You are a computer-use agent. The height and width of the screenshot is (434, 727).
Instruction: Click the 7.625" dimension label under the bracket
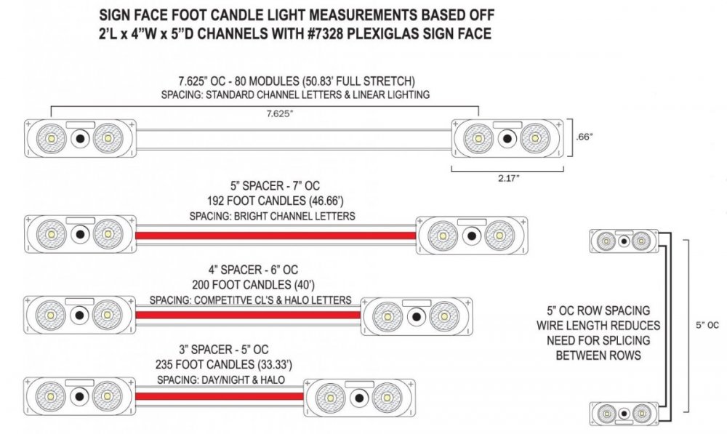click(280, 113)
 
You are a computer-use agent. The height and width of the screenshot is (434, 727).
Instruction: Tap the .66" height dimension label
click(585, 137)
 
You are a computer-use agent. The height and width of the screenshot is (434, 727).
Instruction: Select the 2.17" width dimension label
click(509, 178)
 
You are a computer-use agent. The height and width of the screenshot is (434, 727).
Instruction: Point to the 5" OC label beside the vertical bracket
click(707, 325)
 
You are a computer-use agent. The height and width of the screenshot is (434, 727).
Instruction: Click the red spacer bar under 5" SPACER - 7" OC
click(276, 235)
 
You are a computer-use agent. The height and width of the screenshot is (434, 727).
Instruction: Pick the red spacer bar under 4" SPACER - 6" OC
click(248, 316)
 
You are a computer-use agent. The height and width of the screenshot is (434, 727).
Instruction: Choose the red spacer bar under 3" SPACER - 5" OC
click(220, 396)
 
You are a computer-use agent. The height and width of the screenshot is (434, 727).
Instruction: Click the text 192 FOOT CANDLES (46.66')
click(276, 201)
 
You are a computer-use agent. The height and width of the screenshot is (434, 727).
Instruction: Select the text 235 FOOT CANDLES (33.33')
click(224, 364)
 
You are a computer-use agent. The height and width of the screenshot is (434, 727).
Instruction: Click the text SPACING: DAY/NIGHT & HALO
click(221, 379)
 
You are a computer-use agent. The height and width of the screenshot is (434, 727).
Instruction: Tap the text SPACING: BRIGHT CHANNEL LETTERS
click(272, 216)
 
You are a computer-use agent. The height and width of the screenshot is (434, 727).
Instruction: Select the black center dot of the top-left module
click(80, 138)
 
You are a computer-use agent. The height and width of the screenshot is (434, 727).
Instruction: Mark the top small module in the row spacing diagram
click(624, 241)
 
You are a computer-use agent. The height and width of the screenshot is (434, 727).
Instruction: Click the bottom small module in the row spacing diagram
click(624, 414)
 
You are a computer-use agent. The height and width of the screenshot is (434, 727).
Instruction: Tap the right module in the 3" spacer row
click(359, 398)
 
